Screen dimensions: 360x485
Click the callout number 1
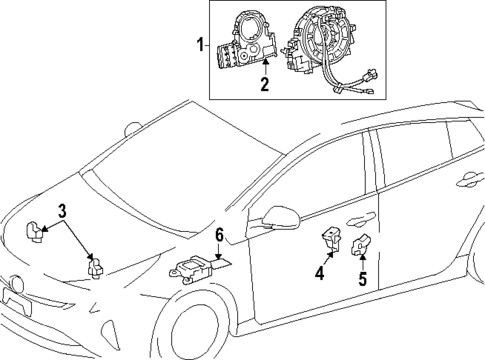click(200, 45)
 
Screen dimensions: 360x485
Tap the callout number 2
click(264, 84)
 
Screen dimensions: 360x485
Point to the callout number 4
click(320, 272)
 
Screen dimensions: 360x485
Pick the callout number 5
click(362, 279)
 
